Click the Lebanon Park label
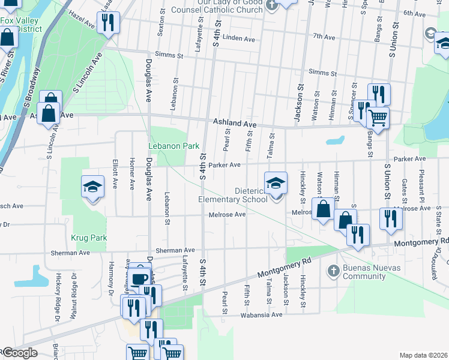tap(173, 146)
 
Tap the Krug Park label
tap(89, 238)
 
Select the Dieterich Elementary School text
tap(233, 195)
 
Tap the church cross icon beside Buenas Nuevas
tap(333, 271)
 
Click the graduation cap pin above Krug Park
tap(92, 188)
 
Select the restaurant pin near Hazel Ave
tap(108, 23)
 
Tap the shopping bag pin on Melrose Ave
tap(323, 209)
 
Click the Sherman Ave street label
tap(175, 250)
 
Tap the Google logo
tap(19, 352)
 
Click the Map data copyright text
tap(423, 355)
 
